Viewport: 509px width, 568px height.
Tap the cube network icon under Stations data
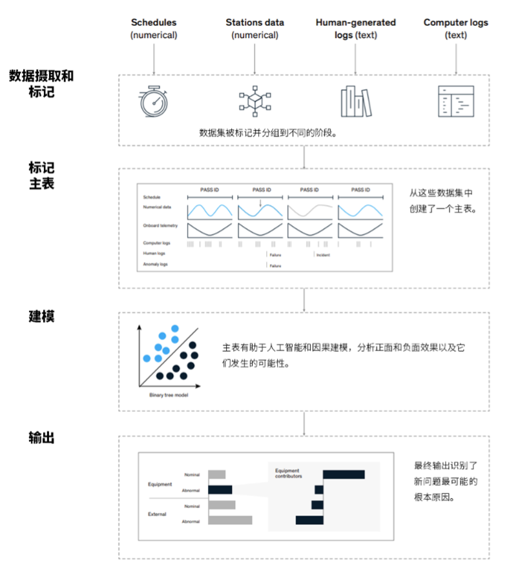pos(254,100)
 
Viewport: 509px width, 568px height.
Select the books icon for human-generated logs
pos(356,100)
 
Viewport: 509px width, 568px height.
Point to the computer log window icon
pos(456,100)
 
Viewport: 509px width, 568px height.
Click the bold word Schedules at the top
pos(154,23)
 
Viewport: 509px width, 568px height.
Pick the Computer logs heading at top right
pos(456,23)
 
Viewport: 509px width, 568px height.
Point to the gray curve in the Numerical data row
pos(311,210)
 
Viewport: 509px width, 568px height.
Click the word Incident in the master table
pos(323,254)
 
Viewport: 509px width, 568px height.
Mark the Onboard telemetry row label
pos(160,226)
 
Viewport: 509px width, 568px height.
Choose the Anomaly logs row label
pos(156,265)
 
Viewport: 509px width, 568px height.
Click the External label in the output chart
pos(157,514)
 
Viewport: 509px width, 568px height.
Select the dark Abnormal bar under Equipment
pos(220,489)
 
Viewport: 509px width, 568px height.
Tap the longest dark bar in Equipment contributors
pos(344,475)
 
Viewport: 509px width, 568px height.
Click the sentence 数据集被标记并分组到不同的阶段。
pos(268,133)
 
